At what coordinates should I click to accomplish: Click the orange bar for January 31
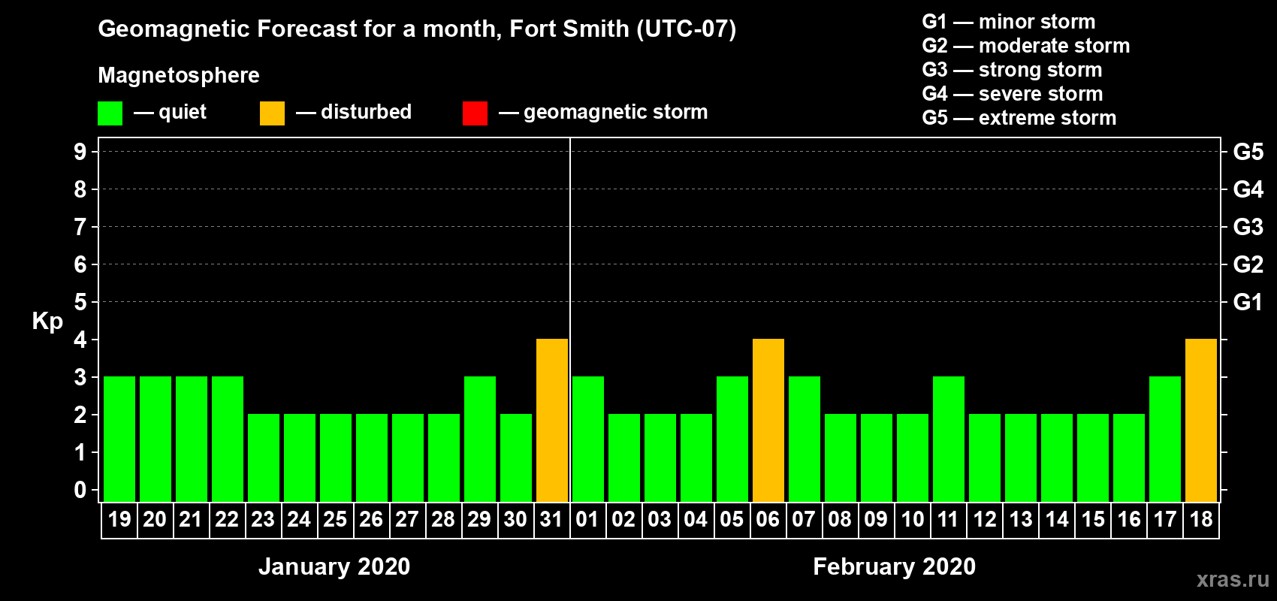(552, 420)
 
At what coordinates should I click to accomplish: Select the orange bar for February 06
(768, 420)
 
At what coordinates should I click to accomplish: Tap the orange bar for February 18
(1201, 420)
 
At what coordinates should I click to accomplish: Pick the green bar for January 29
(480, 439)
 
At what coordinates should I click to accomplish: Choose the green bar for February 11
(949, 439)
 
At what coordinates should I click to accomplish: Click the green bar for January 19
(119, 439)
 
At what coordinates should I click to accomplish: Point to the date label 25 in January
(335, 519)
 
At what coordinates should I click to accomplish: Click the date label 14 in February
(1057, 519)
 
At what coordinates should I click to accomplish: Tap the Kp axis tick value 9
(80, 152)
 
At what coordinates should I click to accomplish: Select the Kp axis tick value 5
(80, 302)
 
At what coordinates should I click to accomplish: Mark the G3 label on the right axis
(1248, 227)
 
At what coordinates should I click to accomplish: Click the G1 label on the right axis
(1248, 302)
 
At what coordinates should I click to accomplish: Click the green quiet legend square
(110, 113)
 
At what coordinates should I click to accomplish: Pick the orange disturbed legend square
(272, 113)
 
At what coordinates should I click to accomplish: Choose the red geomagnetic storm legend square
(475, 113)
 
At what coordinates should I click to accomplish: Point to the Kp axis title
(47, 321)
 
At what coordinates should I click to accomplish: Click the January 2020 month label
(334, 566)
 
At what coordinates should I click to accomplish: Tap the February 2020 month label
(894, 566)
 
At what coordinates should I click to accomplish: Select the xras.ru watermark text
(1233, 579)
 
